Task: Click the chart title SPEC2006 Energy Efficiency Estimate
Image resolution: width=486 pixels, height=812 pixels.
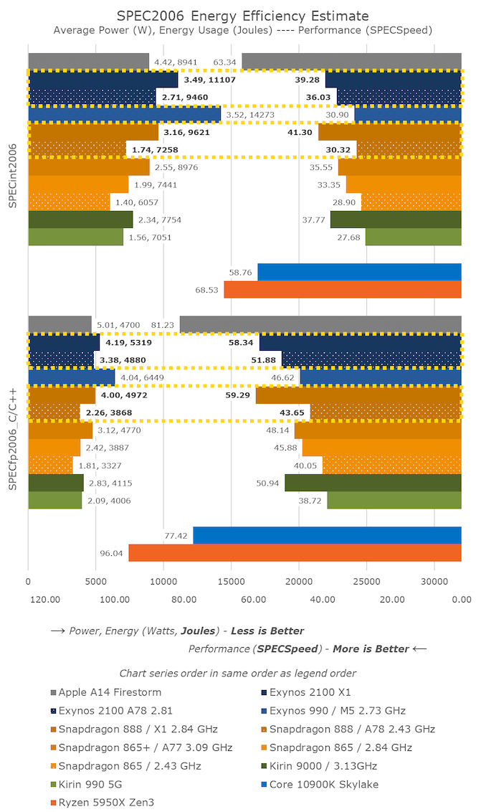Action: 243,15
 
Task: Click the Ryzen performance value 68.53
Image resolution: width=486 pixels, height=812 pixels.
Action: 206,290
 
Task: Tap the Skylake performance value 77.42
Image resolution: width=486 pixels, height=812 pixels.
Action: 176,536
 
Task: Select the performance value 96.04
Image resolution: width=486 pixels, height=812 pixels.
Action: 111,553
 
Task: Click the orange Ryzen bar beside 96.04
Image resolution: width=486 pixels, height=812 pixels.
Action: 295,553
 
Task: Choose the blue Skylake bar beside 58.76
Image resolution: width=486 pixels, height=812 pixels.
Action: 359,272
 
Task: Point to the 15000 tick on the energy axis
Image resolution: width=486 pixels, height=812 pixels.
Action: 231,583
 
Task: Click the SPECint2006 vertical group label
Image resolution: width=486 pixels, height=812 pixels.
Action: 13,175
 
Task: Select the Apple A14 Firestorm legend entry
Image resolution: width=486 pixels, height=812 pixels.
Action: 108,692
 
